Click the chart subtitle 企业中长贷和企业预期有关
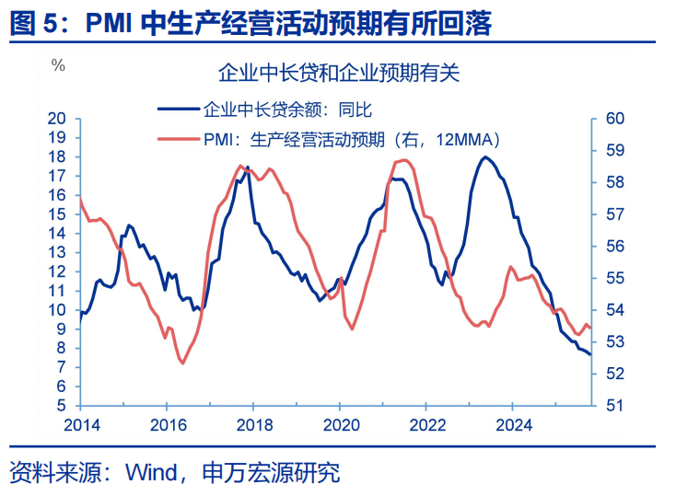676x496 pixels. tap(338, 71)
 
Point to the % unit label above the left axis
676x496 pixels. tap(58, 65)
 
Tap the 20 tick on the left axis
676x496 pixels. tap(58, 119)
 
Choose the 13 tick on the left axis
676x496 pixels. tap(58, 252)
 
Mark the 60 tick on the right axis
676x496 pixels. tap(616, 119)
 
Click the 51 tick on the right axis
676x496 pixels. tap(615, 406)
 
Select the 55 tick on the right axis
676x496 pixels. tap(616, 278)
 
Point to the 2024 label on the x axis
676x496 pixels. tap(513, 424)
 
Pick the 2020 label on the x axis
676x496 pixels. tap(339, 424)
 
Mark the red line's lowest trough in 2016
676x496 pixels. tap(181, 363)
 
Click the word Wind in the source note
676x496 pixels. tap(154, 473)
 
